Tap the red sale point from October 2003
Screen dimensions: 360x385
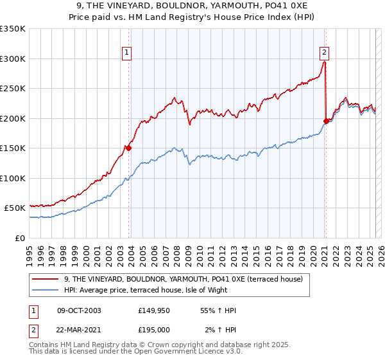tap(128, 148)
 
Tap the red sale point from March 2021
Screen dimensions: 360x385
tap(326, 121)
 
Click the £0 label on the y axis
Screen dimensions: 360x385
tap(20, 238)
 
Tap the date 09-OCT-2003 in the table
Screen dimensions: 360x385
tap(79, 310)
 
